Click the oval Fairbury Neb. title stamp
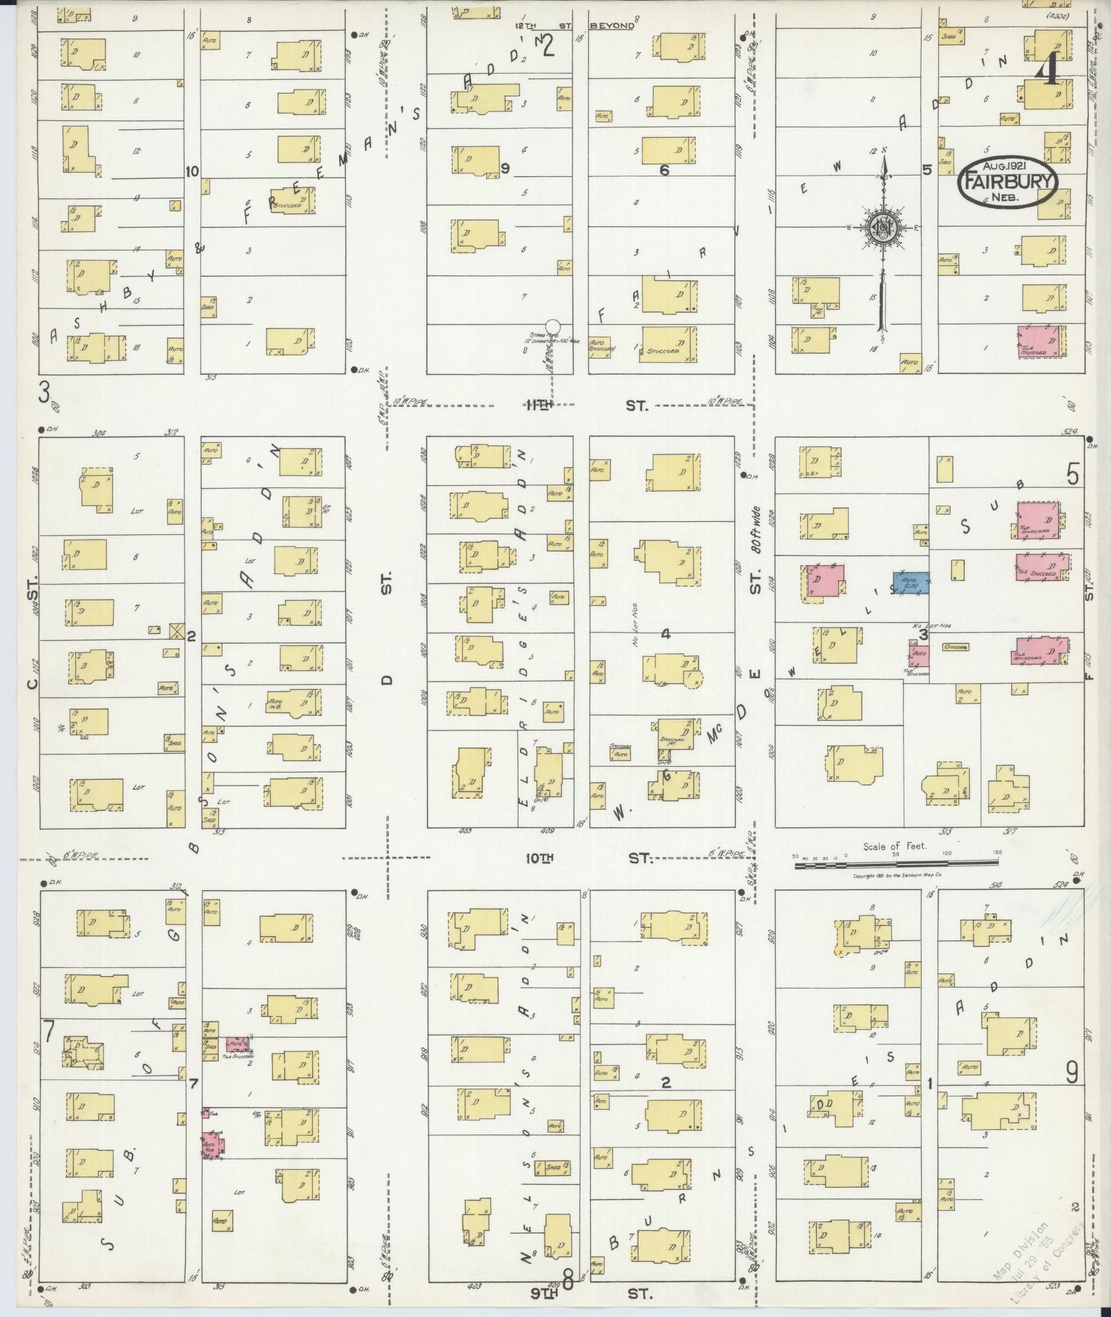[1006, 182]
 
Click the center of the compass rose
[883, 229]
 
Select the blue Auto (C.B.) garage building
[911, 583]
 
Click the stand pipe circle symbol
[552, 327]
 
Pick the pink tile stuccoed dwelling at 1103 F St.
[1042, 341]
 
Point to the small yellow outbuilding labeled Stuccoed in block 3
[956, 648]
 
